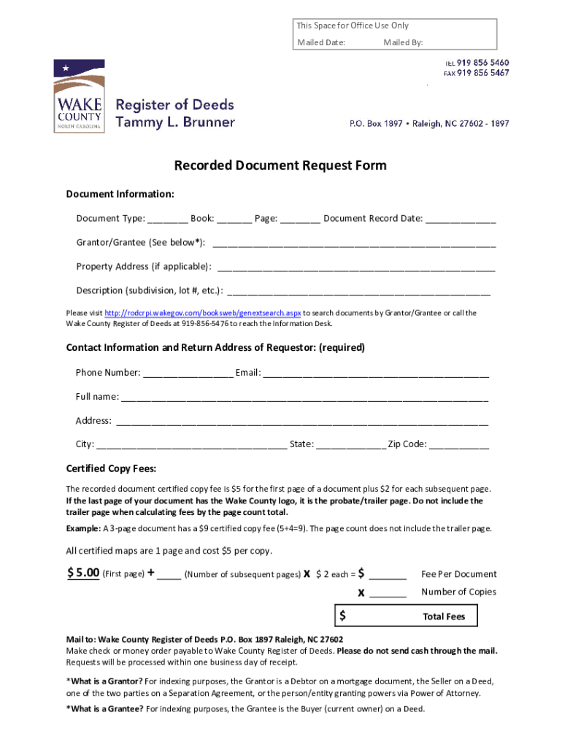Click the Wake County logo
coord(79,96)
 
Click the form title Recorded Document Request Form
coord(280,166)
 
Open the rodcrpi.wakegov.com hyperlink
coord(203,313)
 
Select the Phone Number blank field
coord(188,373)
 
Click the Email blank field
coord(376,373)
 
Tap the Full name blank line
coord(304,398)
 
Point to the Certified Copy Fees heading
coord(112,468)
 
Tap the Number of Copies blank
coord(388,593)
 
